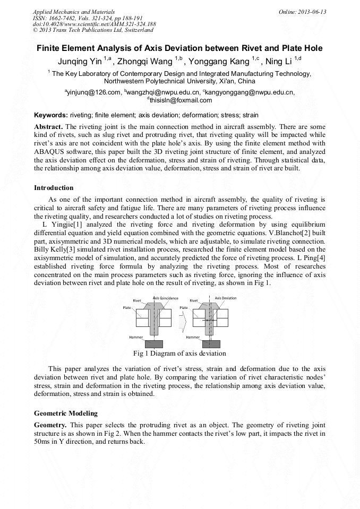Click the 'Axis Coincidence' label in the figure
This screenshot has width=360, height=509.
(x=166, y=298)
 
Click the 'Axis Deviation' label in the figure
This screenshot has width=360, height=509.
(x=226, y=298)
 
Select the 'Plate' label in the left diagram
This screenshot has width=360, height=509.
(x=127, y=307)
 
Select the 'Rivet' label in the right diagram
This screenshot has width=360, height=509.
(x=194, y=301)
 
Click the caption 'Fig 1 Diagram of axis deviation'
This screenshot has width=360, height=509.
(x=180, y=353)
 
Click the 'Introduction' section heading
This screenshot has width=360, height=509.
(x=54, y=188)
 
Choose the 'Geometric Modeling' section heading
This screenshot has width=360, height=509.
(x=66, y=413)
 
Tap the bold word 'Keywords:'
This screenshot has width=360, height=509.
(x=51, y=115)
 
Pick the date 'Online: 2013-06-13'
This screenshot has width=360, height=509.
(x=302, y=12)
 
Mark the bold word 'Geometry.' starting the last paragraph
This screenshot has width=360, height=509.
(x=50, y=426)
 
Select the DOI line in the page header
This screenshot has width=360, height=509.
(x=94, y=24)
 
